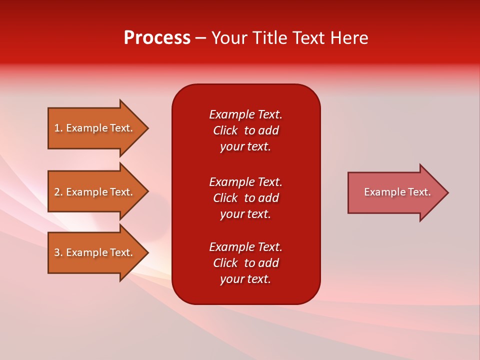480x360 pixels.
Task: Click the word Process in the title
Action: (x=157, y=38)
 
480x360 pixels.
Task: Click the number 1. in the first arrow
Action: (x=58, y=128)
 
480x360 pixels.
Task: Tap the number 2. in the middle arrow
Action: (x=58, y=192)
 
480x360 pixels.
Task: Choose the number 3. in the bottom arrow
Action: (x=58, y=252)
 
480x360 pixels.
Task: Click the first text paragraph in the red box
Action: (x=245, y=130)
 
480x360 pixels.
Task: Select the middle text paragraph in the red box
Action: (x=245, y=198)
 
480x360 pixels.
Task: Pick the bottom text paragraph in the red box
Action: (x=245, y=263)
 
